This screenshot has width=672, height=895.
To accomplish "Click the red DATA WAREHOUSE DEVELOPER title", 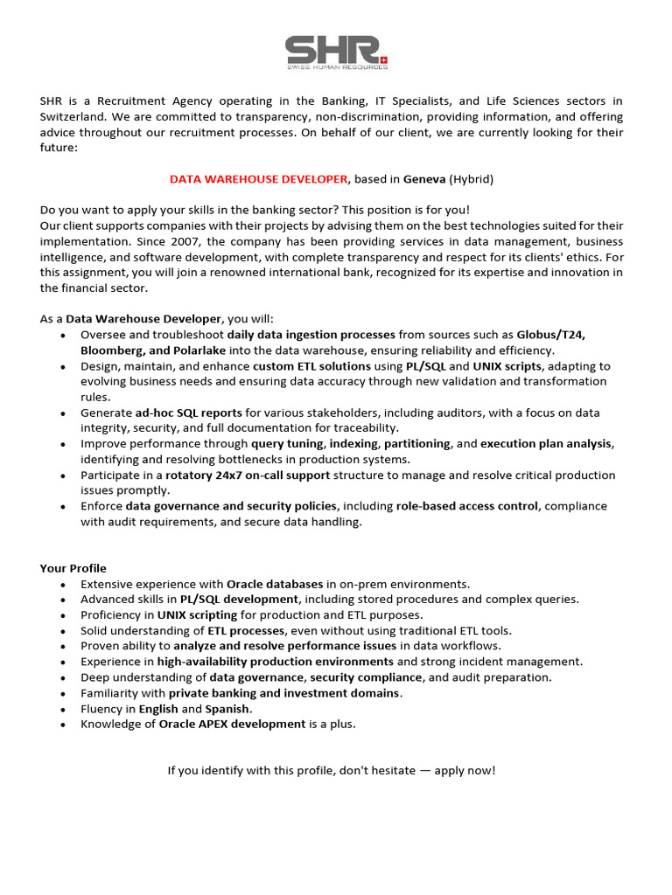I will click(x=258, y=179).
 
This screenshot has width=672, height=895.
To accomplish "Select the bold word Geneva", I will click(x=424, y=179).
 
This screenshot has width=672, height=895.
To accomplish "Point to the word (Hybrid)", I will click(x=472, y=179).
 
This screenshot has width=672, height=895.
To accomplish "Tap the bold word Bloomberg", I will click(x=111, y=350).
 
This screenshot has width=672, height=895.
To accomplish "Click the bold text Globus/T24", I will click(x=551, y=335).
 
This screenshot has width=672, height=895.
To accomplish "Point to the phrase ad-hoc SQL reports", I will click(x=188, y=413).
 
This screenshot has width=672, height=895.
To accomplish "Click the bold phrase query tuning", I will click(x=287, y=444).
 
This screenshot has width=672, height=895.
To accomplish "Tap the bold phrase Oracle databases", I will click(x=275, y=584).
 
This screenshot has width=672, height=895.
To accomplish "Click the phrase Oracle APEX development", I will click(x=232, y=725).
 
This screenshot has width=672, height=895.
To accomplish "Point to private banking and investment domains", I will click(x=284, y=693).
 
